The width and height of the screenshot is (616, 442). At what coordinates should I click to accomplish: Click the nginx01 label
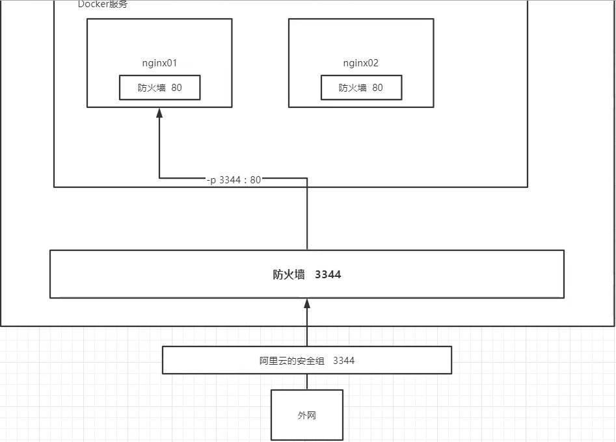[x=159, y=63]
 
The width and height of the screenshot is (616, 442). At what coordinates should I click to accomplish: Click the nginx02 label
[x=361, y=63]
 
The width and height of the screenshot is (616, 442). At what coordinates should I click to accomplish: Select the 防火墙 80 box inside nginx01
[x=159, y=88]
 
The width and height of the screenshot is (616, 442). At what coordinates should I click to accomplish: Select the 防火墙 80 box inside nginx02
[x=361, y=88]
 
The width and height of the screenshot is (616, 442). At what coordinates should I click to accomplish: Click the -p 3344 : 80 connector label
[x=234, y=179]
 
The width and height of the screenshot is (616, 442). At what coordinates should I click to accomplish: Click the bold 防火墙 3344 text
[x=307, y=274]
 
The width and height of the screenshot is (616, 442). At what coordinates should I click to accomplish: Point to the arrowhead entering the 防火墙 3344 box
[x=307, y=304]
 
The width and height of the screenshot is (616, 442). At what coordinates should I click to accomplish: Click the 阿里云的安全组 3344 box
[x=307, y=360]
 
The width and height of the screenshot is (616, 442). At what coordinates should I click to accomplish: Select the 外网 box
[x=307, y=415]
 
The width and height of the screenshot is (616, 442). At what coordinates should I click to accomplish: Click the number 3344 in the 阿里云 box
[x=344, y=360]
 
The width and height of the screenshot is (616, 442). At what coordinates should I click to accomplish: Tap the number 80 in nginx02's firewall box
[x=377, y=88]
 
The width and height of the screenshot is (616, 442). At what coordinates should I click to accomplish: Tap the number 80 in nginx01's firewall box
[x=176, y=88]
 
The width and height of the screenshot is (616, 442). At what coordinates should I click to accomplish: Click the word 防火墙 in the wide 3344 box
[x=289, y=274]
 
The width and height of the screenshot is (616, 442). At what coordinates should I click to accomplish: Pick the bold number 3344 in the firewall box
[x=328, y=274]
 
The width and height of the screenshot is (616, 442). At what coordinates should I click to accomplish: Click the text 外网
[x=307, y=415]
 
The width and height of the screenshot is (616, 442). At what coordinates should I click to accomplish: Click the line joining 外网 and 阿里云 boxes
[x=307, y=382]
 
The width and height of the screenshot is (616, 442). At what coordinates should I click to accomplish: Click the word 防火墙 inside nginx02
[x=353, y=88]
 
